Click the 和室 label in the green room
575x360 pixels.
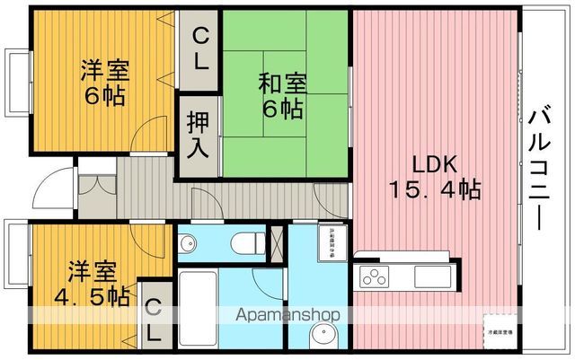[283, 83]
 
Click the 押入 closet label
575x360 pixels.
[199, 134]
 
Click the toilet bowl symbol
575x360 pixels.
[244, 242]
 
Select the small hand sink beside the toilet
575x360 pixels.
[188, 243]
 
